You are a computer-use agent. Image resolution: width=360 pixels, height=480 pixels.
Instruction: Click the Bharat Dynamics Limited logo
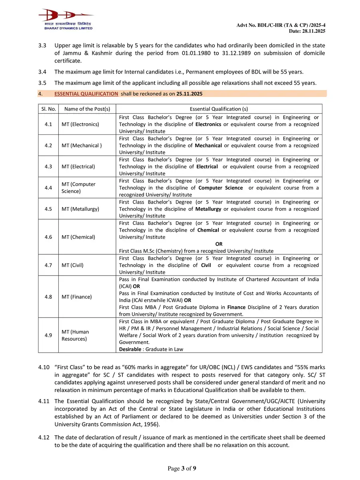point(66,19)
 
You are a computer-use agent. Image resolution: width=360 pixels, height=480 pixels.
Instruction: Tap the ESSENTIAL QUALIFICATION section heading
point(86,94)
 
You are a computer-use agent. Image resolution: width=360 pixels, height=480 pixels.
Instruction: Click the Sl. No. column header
point(48,109)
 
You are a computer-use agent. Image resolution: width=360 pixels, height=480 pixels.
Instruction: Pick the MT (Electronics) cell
point(80,124)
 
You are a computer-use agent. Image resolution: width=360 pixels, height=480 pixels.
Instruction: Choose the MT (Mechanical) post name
point(82,146)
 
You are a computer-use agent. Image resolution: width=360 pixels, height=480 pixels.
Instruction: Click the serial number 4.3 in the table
point(48,166)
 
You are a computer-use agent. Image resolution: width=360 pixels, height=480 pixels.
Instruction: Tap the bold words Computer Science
point(220,188)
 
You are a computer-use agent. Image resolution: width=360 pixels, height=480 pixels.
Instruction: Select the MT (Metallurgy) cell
point(80,209)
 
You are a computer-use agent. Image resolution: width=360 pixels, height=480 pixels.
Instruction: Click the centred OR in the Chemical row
point(219,244)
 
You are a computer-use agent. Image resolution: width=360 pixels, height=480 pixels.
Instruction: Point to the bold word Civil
point(206,265)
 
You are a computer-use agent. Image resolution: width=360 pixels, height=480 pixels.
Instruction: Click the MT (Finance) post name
point(76,297)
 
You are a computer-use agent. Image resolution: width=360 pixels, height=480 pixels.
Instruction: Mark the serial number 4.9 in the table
point(48,335)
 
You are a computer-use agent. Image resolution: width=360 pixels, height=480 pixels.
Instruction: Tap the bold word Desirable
point(131,349)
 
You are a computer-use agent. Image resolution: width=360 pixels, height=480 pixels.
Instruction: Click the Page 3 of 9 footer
point(182,468)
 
